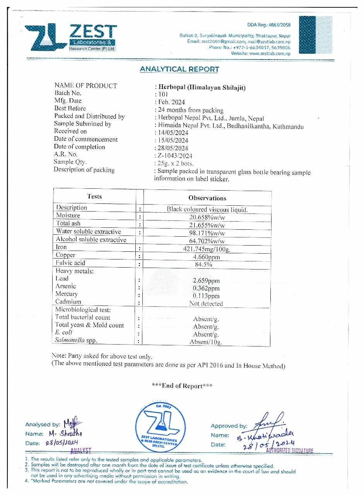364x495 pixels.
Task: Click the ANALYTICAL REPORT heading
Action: point(179,70)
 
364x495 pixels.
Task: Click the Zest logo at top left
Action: point(70,38)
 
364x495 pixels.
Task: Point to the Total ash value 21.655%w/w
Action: point(207,225)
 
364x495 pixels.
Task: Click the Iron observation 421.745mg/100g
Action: point(207,249)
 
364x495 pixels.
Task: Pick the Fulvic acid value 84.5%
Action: point(207,265)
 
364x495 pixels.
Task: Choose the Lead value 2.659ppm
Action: point(206,281)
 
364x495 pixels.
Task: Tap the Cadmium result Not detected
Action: point(206,304)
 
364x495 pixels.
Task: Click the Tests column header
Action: point(94,196)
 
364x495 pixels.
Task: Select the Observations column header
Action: point(207,198)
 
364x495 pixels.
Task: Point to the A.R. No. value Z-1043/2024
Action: point(175,156)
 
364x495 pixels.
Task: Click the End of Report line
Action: point(182,386)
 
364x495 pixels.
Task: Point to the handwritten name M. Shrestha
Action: point(65,434)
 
